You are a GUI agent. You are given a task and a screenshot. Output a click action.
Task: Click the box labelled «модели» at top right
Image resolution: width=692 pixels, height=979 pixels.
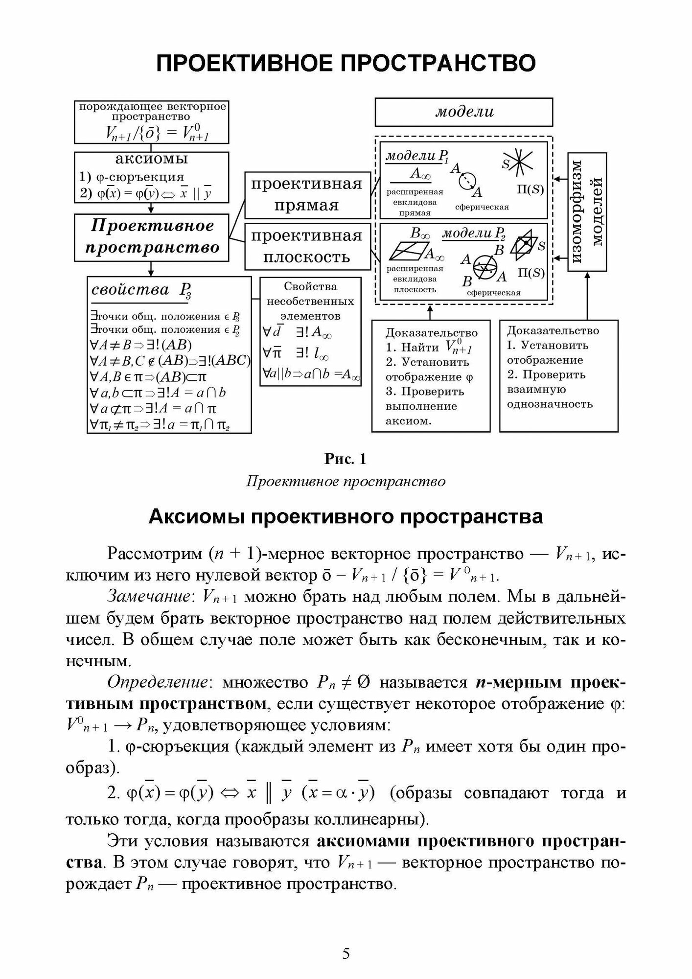pyautogui.click(x=463, y=112)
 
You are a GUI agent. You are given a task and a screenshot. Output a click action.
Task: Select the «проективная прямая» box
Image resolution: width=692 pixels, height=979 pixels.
pyautogui.click(x=307, y=194)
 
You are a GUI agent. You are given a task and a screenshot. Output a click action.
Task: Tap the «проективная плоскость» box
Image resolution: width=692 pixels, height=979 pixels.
pyautogui.click(x=307, y=246)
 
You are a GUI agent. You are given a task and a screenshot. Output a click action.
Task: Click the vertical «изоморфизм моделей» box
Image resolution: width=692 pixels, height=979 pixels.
pyautogui.click(x=587, y=211)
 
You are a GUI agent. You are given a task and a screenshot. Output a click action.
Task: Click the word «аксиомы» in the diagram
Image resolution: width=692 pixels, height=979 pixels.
pyautogui.click(x=151, y=159)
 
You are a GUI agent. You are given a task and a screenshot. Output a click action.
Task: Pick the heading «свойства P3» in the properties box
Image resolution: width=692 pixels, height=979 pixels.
pyautogui.click(x=141, y=291)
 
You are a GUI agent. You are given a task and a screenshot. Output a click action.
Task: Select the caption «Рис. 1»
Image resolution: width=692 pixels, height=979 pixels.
pyautogui.click(x=346, y=459)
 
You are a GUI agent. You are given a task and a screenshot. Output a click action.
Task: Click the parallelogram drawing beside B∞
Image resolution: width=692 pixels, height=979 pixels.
pyautogui.click(x=407, y=253)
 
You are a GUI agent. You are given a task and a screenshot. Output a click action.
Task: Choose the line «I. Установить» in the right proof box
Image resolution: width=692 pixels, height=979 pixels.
pyautogui.click(x=547, y=345)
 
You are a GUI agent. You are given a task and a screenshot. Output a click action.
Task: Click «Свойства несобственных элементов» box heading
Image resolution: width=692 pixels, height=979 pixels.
pyautogui.click(x=310, y=301)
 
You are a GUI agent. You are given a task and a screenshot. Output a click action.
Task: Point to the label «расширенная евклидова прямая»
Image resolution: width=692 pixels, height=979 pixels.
pyautogui.click(x=415, y=202)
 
